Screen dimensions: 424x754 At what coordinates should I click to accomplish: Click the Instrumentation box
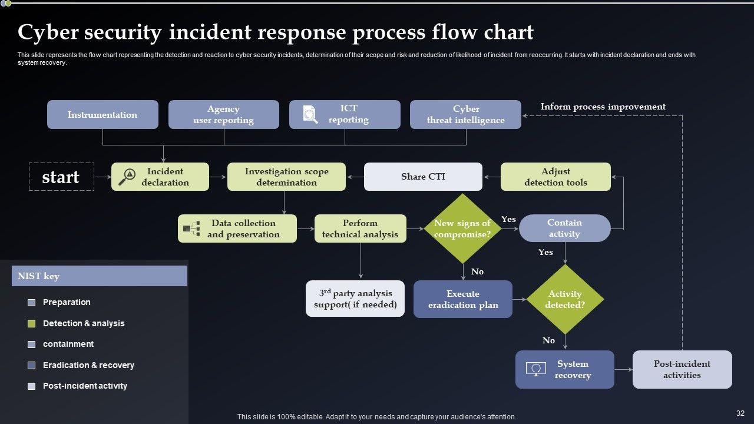[102, 115]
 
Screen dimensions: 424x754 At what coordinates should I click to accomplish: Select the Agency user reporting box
[223, 115]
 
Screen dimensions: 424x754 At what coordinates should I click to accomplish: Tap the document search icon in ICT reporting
[310, 114]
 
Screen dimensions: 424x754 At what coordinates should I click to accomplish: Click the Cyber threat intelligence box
[465, 115]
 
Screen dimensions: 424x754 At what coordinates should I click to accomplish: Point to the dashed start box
[61, 177]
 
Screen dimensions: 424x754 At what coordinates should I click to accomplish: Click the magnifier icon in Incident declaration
[127, 177]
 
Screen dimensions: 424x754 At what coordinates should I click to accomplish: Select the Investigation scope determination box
[286, 177]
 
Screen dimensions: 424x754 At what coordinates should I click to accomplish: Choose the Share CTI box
[423, 177]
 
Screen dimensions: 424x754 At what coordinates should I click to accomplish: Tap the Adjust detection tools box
[555, 177]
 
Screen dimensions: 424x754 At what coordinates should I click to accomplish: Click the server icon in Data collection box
[191, 228]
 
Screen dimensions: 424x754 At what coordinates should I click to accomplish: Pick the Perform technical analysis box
[360, 228]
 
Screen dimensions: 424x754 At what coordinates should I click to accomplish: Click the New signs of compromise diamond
[462, 228]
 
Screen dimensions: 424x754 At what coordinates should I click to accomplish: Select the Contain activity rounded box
[564, 228]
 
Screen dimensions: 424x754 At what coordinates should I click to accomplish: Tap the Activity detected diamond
[565, 299]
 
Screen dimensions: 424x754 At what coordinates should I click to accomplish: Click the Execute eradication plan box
[463, 299]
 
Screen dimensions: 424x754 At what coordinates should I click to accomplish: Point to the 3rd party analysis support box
[355, 299]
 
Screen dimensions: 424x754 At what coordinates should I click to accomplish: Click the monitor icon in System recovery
[536, 370]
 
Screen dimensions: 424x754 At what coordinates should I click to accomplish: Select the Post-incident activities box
[682, 369]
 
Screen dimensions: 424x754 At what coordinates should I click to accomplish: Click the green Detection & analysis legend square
[32, 323]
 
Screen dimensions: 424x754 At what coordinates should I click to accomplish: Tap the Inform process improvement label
[603, 107]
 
